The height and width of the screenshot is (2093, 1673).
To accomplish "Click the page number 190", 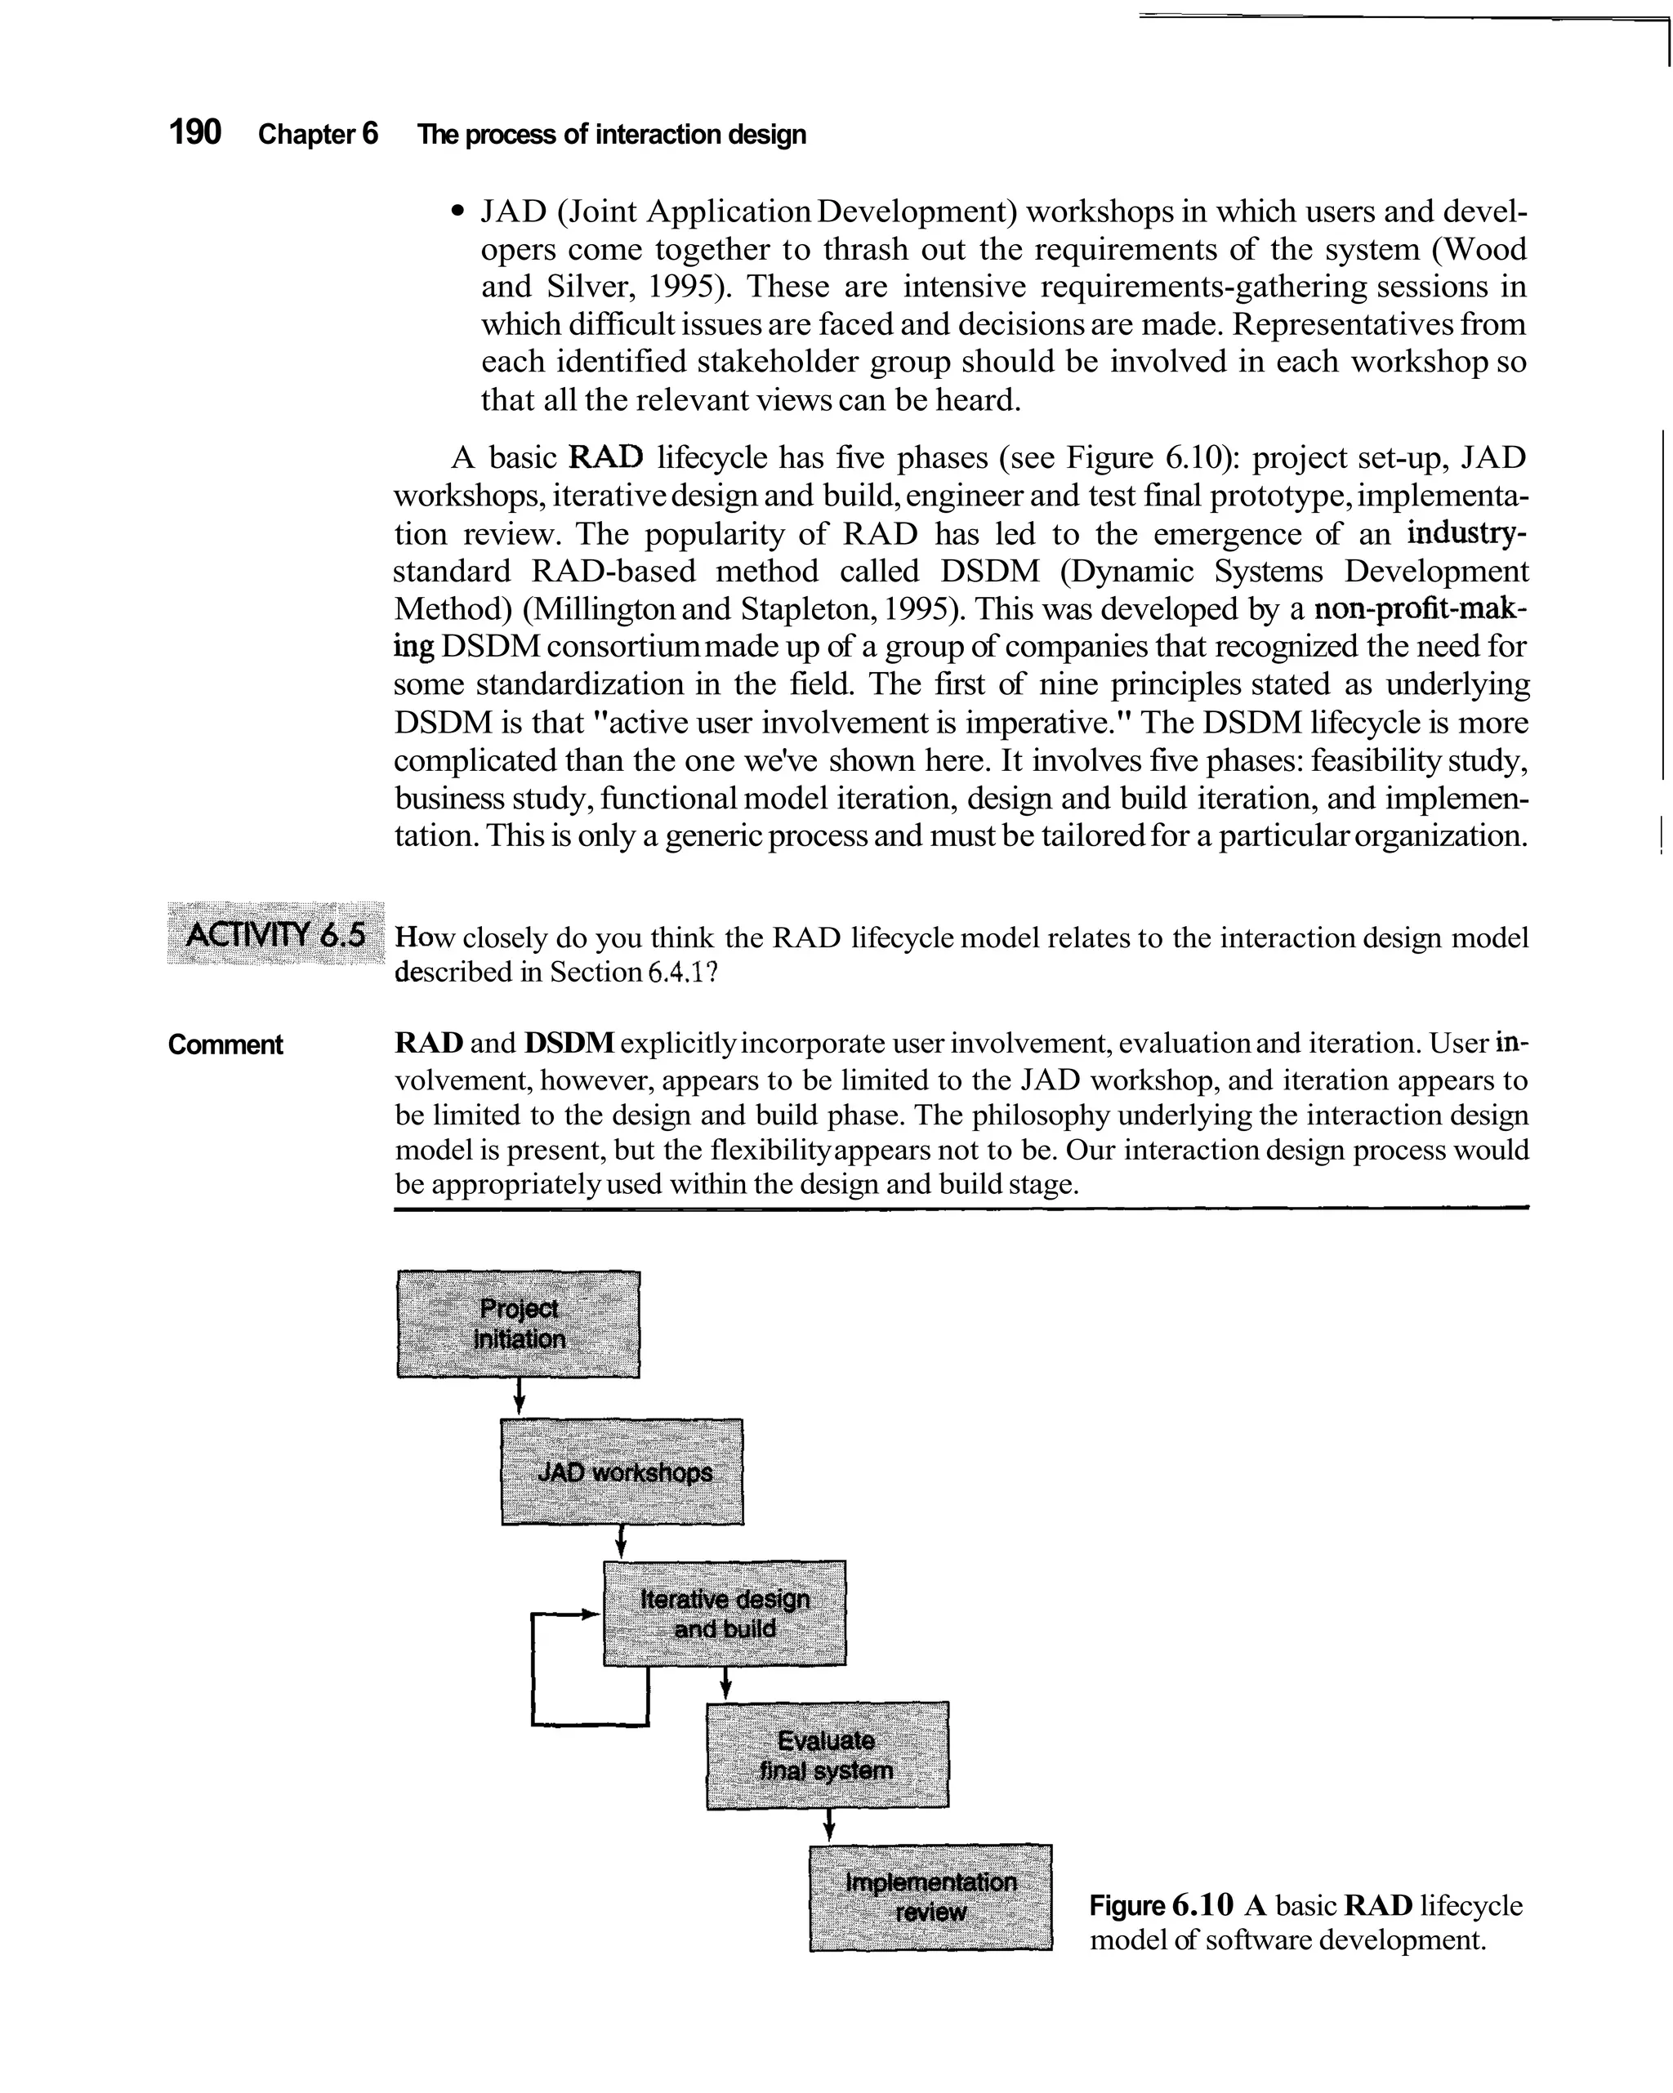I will pos(195,132).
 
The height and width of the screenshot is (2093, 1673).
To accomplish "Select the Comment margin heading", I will pos(225,1044).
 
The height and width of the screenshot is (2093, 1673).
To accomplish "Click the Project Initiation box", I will pos(519,1324).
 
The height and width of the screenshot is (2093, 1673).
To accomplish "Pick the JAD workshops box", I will pos(622,1472).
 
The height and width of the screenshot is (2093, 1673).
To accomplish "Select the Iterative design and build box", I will pos(725,1614).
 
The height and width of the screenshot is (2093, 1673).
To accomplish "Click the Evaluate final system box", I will pos(828,1754).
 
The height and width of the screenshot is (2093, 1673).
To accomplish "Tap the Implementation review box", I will pos(930,1897).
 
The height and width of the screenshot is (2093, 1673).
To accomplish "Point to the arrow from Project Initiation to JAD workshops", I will pos(520,1398).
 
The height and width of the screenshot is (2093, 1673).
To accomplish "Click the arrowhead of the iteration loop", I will pos(588,1614).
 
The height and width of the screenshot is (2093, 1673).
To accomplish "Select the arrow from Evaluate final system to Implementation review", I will pos(828,1825).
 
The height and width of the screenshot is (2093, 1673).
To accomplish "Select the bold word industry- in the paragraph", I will pos(1467,534).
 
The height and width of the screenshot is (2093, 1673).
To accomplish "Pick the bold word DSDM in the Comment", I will pos(569,1044).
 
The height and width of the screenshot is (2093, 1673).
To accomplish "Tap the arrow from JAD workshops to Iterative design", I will pos(622,1542).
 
